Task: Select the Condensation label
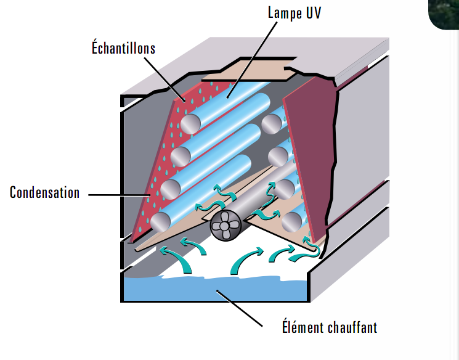coord(44,193)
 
